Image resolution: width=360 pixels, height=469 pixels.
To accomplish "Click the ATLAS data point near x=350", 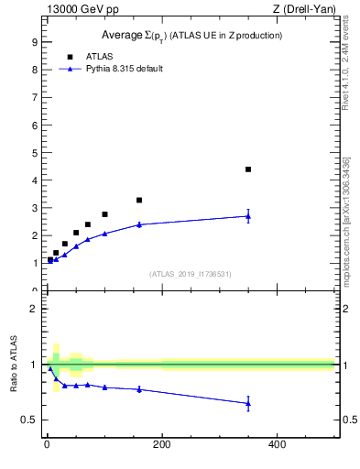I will click(x=247, y=169).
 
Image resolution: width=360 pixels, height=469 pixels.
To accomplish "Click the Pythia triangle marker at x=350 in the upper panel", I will click(x=247, y=216).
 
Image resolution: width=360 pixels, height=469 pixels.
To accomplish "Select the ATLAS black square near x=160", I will click(x=139, y=200).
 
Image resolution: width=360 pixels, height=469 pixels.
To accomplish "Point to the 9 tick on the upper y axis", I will click(x=33, y=42).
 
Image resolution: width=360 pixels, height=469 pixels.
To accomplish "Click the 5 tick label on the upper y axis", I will click(x=33, y=153).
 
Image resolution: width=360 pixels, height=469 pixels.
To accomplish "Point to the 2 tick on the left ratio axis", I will click(x=33, y=309).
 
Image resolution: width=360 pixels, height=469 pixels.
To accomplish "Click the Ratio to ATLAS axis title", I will click(x=14, y=365).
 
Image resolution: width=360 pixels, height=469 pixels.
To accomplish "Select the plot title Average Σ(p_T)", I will click(x=191, y=36).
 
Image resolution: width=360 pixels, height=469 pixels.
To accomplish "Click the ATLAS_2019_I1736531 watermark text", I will click(x=191, y=274).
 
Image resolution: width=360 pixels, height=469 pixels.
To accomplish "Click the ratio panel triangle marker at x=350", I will click(x=247, y=403).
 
